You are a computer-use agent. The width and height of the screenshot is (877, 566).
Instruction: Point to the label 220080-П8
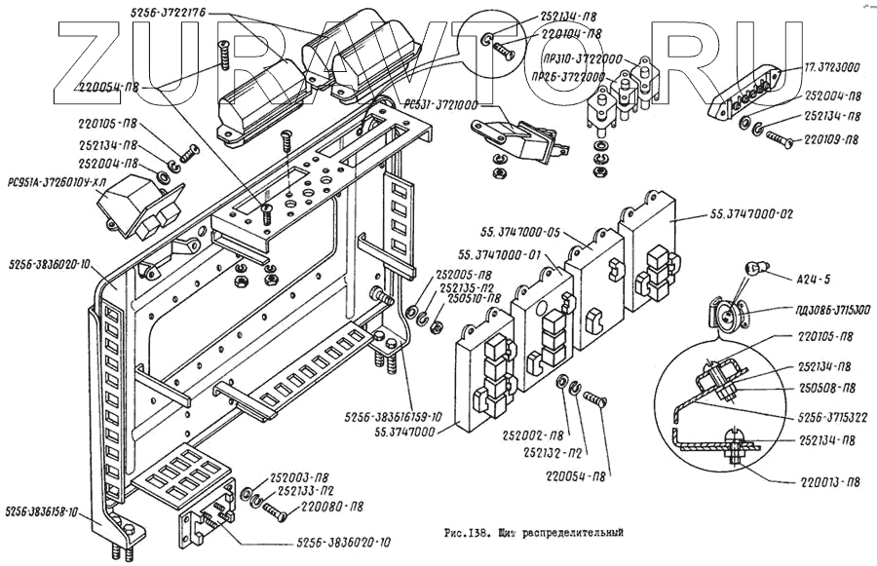pos(333,507)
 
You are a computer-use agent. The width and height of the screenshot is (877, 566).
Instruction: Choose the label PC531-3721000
pos(456,102)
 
